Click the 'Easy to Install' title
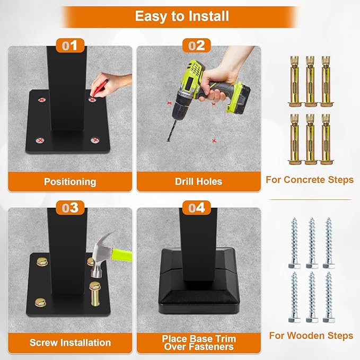[x=182, y=16]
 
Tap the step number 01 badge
[x=69, y=46]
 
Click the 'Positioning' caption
[x=70, y=181]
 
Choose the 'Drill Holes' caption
[x=199, y=181]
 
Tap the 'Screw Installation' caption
[x=70, y=343]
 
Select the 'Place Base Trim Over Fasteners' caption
[x=199, y=343]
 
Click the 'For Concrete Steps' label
[x=310, y=180]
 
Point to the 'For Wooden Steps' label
[x=311, y=336]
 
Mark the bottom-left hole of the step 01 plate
[x=40, y=140]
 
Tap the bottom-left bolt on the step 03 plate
[x=40, y=302]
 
